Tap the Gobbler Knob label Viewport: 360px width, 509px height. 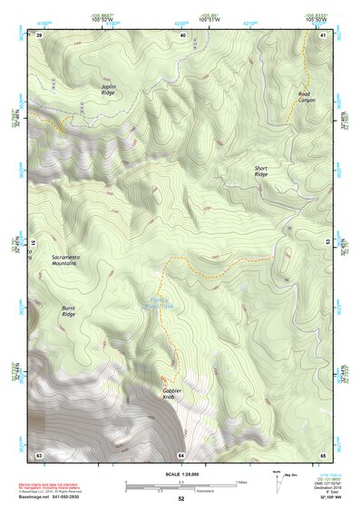(172, 394)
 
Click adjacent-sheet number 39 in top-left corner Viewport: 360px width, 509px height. (39, 34)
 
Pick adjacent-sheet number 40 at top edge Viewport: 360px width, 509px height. (182, 34)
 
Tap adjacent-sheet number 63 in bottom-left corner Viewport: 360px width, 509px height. (39, 454)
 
